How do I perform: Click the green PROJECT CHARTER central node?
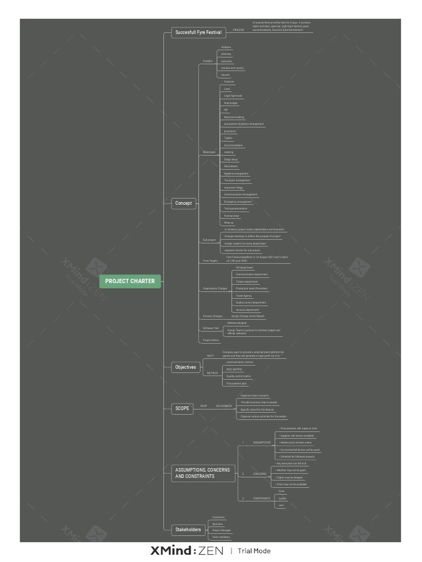(130, 281)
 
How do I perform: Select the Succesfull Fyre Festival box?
(198, 33)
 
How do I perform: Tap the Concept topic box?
(184, 203)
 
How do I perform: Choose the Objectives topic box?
(185, 367)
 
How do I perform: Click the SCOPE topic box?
(182, 408)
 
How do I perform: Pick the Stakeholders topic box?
(187, 530)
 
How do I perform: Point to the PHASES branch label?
(208, 61)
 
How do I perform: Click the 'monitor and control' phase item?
(232, 68)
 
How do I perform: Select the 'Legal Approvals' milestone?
(233, 95)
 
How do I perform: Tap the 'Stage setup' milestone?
(231, 159)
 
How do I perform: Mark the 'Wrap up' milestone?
(229, 223)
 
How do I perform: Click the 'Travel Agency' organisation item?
(244, 295)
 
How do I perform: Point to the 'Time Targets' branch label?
(210, 261)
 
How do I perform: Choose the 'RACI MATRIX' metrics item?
(234, 369)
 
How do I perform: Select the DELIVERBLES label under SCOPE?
(224, 406)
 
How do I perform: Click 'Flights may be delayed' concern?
(290, 477)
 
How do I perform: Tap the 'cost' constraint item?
(281, 505)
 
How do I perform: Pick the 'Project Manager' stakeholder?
(221, 530)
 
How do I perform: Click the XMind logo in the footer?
(187, 550)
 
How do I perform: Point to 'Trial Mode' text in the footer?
(254, 550)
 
